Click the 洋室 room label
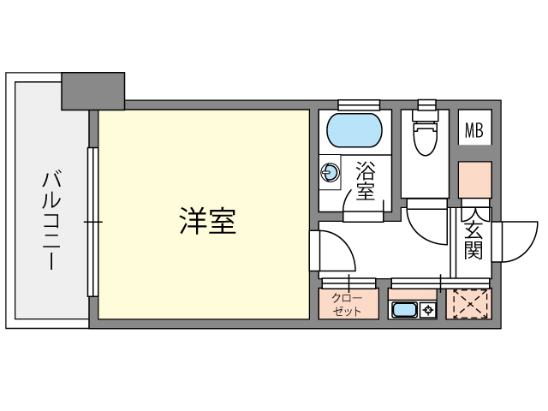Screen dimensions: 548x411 tap(208, 221)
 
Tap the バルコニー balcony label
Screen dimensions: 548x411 tap(51, 220)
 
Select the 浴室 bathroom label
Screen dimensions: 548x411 tap(365, 181)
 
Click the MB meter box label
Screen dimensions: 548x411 tap(474, 130)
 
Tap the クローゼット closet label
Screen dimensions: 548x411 tap(347, 304)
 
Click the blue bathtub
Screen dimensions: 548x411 tap(354, 130)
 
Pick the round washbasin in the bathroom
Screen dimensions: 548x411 tap(330, 172)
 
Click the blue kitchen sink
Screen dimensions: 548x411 tap(404, 310)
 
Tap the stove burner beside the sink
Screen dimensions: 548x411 tap(428, 310)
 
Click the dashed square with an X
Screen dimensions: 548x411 tap(469, 304)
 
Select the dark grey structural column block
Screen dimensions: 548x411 tap(93, 91)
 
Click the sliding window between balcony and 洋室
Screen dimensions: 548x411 tap(92, 223)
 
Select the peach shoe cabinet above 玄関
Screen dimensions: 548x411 tap(475, 180)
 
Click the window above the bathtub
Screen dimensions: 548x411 tap(359, 104)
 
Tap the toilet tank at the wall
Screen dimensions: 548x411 tap(426, 116)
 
